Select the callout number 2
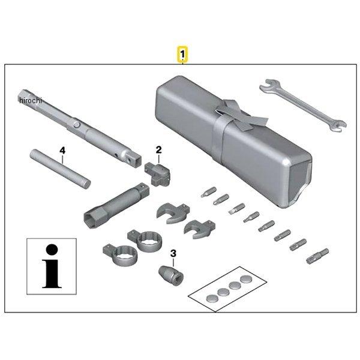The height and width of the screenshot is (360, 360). (x=158, y=149)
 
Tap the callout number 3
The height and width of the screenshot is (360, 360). (x=173, y=254)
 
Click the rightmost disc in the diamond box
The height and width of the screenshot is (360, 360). (x=247, y=279)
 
